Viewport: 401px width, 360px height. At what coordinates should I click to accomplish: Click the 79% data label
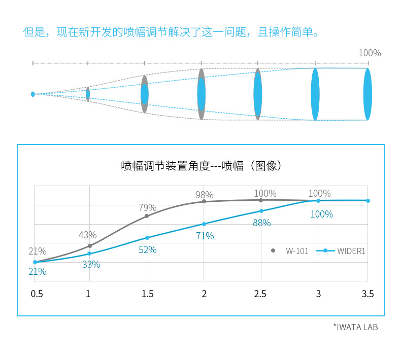tap(147, 207)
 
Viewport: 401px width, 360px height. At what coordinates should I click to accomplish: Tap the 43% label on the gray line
tap(87, 235)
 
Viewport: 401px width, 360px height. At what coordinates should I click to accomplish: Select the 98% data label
tap(204, 195)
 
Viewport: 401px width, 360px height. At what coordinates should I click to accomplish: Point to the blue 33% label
tap(91, 264)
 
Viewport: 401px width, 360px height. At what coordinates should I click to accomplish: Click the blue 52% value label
tap(148, 249)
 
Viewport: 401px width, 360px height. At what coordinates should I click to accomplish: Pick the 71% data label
tap(205, 236)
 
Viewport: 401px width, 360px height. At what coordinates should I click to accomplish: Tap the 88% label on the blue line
tap(261, 223)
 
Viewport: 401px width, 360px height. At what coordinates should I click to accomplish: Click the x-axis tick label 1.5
tap(147, 294)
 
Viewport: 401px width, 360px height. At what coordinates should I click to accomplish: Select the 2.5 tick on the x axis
tap(260, 294)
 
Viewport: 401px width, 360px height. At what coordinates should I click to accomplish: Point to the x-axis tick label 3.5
tap(367, 294)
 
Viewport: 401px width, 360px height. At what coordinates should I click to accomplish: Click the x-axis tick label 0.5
tap(37, 294)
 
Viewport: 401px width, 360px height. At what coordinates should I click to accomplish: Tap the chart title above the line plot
tap(201, 166)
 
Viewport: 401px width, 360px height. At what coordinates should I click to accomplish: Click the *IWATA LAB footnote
tap(355, 327)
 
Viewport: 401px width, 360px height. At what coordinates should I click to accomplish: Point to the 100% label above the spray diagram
tap(370, 53)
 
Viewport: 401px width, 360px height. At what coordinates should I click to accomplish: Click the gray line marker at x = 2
tap(204, 201)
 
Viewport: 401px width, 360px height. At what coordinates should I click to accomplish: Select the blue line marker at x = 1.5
tap(147, 237)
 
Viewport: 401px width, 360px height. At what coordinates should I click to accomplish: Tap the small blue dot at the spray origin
tap(33, 94)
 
